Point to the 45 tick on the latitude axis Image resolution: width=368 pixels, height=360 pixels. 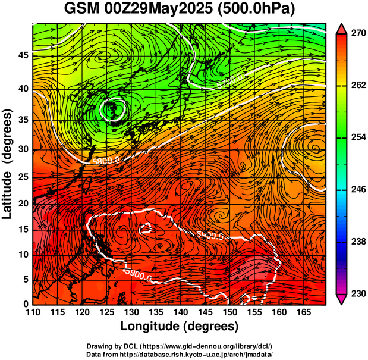[x=23, y=55]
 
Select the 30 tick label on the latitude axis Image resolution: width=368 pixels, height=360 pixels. [x=23, y=149]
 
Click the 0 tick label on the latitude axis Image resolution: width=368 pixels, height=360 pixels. [x=26, y=304]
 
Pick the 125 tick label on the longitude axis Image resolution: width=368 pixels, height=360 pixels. [x=106, y=313]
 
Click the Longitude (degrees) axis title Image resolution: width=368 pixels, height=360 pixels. [x=179, y=326]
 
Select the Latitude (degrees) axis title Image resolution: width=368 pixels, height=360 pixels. [x=8, y=164]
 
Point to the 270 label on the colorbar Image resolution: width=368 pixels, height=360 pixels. [x=357, y=35]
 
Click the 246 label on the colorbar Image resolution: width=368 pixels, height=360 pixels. [x=357, y=190]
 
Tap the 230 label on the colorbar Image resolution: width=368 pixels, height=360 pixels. [x=357, y=293]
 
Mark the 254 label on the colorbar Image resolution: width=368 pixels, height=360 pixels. [x=357, y=138]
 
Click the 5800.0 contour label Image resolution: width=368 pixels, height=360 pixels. [x=106, y=160]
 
